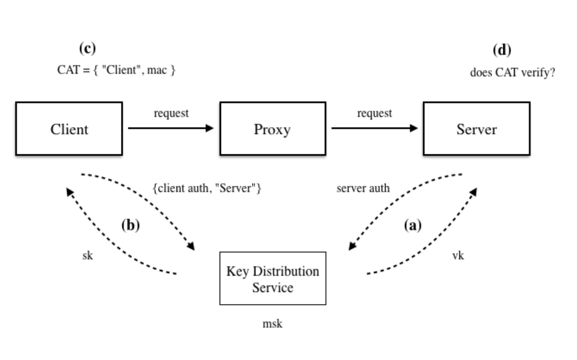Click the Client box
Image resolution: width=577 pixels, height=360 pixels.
click(69, 129)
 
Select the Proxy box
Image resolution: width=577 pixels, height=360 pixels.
click(272, 129)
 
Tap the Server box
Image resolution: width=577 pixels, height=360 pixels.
click(476, 129)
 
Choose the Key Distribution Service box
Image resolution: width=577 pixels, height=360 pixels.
click(272, 279)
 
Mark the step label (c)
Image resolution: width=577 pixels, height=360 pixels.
click(87, 49)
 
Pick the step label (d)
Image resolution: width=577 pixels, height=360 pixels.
click(502, 50)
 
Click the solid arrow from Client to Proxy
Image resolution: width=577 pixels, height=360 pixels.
click(170, 128)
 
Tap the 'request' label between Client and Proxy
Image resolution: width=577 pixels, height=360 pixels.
click(171, 113)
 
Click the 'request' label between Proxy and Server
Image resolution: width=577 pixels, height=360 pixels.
click(375, 113)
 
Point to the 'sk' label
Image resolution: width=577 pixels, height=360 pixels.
click(87, 255)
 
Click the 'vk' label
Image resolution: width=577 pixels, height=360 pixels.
click(458, 255)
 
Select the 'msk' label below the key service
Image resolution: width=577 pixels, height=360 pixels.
click(272, 324)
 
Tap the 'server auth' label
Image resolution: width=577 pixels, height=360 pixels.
click(363, 188)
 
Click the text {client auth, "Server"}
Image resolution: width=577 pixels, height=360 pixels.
click(207, 188)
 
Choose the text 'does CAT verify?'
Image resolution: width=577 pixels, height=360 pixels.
click(512, 73)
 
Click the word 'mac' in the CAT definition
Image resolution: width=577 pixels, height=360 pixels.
click(157, 70)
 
